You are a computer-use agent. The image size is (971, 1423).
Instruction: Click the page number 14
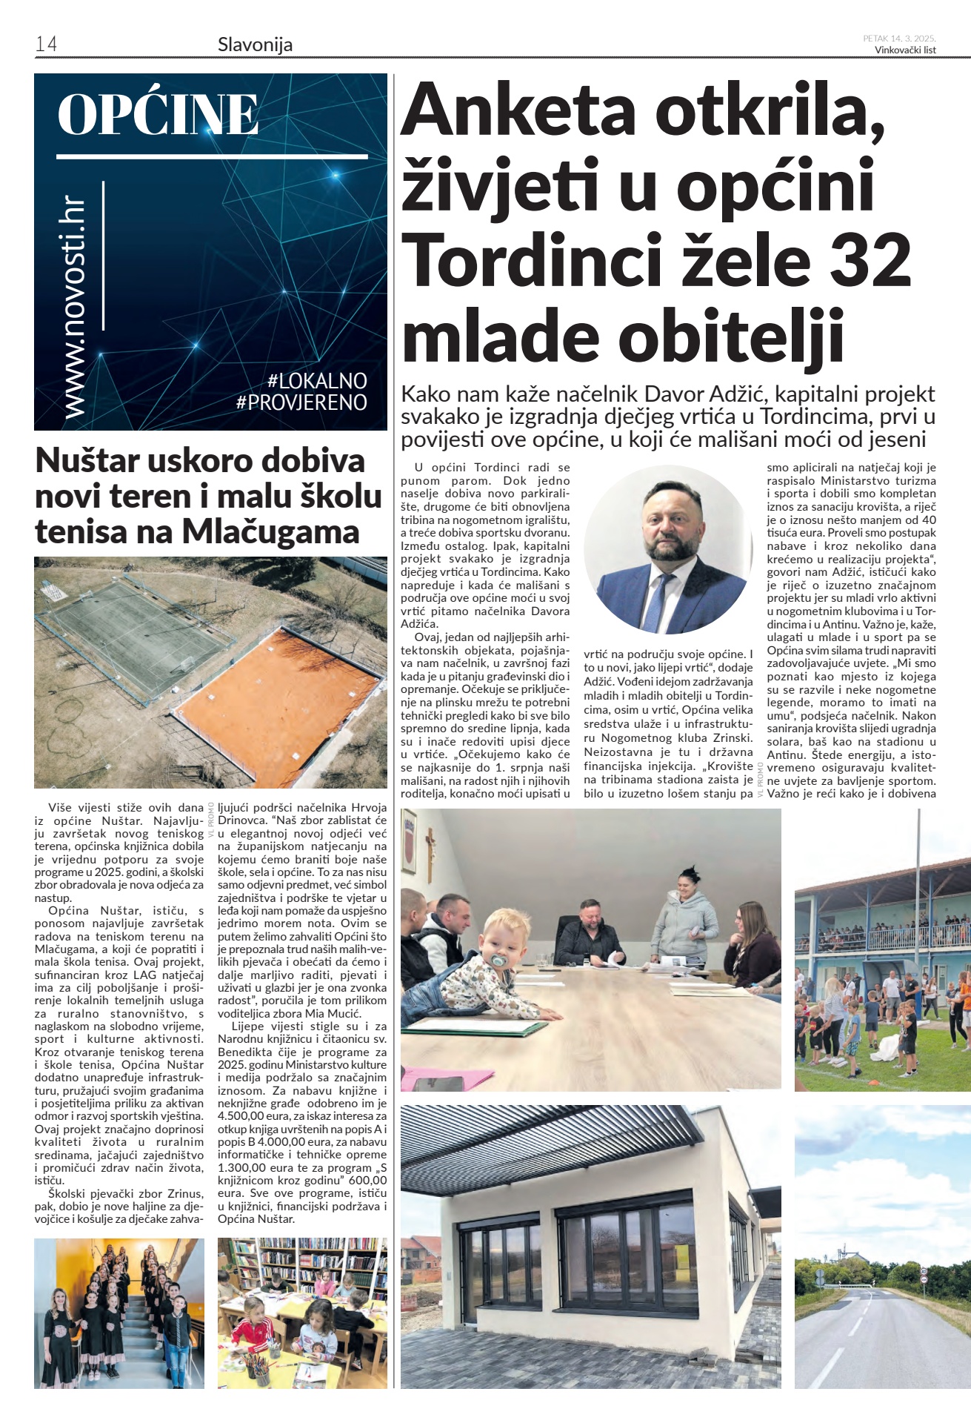click(x=46, y=44)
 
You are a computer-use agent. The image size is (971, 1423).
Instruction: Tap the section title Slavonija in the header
click(x=255, y=44)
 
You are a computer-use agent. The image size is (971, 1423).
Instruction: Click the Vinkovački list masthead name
click(x=904, y=50)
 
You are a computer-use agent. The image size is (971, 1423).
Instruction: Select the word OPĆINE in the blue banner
click(x=158, y=115)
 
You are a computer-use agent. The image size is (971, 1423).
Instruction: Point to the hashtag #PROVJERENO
click(x=301, y=402)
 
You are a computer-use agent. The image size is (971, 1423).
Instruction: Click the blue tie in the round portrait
click(x=655, y=602)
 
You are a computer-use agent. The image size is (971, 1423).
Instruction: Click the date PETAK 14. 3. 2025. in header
click(x=899, y=39)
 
